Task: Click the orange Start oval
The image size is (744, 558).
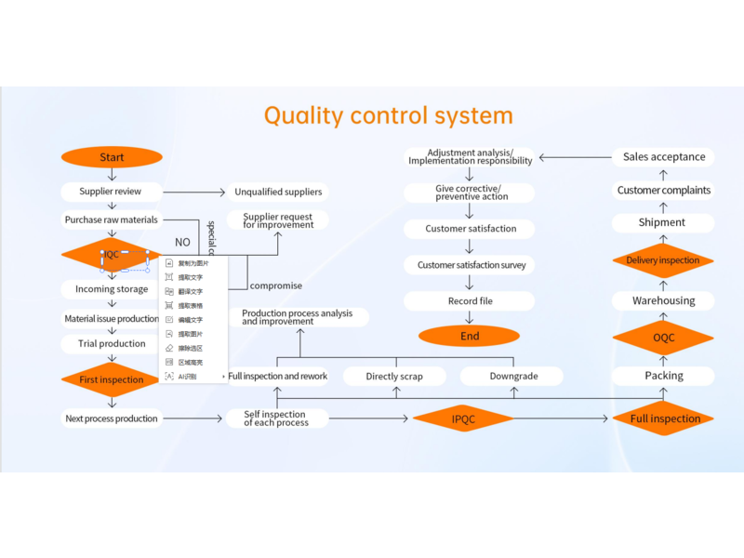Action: coord(112,157)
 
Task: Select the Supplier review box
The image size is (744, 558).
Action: coord(111,192)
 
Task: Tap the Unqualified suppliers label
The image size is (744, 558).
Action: coord(278,192)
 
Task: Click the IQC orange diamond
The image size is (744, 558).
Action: coord(111,254)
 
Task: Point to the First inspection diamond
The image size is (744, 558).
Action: coord(112,379)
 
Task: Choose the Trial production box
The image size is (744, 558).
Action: coord(112,343)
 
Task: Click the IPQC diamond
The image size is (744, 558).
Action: coord(463,419)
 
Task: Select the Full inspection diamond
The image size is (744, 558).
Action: coord(664,418)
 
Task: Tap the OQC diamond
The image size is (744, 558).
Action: coord(663,338)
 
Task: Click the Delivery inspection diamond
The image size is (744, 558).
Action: coord(663,260)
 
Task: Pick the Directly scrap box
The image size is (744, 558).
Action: coord(394,377)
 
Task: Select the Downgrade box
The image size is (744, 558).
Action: coord(512,377)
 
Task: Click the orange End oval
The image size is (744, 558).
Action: coord(470,336)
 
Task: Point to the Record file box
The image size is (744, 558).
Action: coord(470,301)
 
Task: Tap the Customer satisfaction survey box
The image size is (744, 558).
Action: coord(471,265)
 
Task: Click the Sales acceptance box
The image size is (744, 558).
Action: coord(664,157)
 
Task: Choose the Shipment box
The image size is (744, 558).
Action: coord(662,223)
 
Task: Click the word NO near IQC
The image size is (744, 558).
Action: coord(182,243)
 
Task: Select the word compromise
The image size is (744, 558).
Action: coord(276,286)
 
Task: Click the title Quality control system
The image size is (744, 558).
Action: coord(388,115)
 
